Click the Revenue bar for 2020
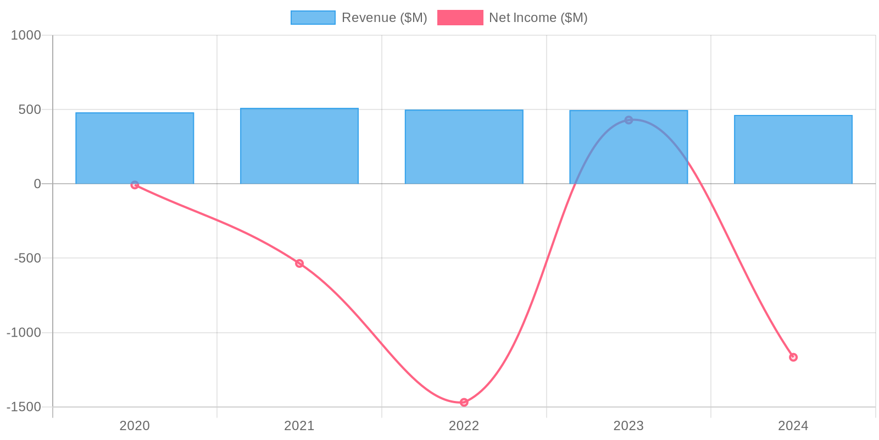tap(135, 148)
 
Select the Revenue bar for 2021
tap(299, 146)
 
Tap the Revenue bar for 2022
tap(464, 147)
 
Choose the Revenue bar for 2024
tap(793, 150)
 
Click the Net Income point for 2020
tap(135, 185)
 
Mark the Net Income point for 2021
tap(299, 263)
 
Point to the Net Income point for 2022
tap(464, 403)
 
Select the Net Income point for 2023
tap(628, 120)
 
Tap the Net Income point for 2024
tap(793, 358)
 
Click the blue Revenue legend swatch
tap(313, 18)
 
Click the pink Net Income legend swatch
tap(460, 18)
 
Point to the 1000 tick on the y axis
tap(26, 35)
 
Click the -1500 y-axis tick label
tap(24, 407)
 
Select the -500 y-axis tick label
tap(27, 258)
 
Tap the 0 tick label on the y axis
tap(37, 184)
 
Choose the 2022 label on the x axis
tap(464, 426)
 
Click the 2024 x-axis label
tap(793, 426)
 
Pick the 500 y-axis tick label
tap(30, 109)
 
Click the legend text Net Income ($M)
tap(538, 18)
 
